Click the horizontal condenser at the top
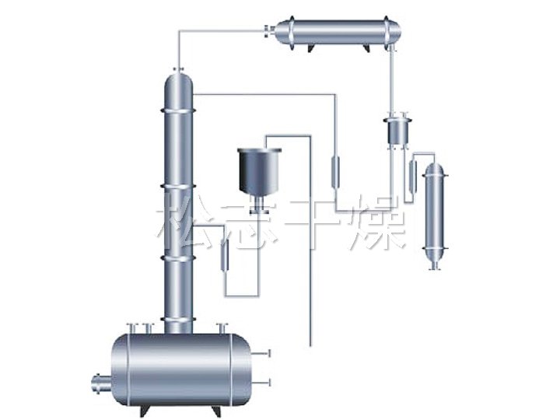pyautogui.click(x=338, y=34)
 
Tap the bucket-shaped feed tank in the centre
pyautogui.click(x=260, y=171)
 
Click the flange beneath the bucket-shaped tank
pyautogui.click(x=260, y=212)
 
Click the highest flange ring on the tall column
pyautogui.click(x=179, y=110)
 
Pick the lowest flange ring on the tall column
pyautogui.click(x=179, y=319)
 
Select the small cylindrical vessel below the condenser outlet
pyautogui.click(x=397, y=131)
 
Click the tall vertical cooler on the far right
pyautogui.click(x=435, y=215)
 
